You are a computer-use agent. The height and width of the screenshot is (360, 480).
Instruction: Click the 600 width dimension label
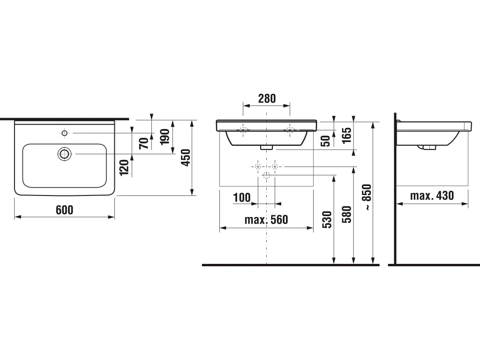tap(65, 210)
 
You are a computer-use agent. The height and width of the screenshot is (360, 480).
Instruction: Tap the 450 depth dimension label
tap(186, 158)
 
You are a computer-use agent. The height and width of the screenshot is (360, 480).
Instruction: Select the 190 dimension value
tap(165, 136)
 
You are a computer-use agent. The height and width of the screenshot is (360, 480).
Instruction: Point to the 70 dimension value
tap(143, 143)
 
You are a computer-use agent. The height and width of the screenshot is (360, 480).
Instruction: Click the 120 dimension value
tap(124, 168)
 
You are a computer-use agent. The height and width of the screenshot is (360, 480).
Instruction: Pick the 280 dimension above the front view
tap(267, 98)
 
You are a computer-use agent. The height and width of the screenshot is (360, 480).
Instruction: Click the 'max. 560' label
tap(266, 219)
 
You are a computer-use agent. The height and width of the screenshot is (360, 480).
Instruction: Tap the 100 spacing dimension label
tap(242, 197)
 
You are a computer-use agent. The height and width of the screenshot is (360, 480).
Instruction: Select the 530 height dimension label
tap(327, 219)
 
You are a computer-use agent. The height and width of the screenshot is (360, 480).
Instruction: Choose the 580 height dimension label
tap(347, 214)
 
